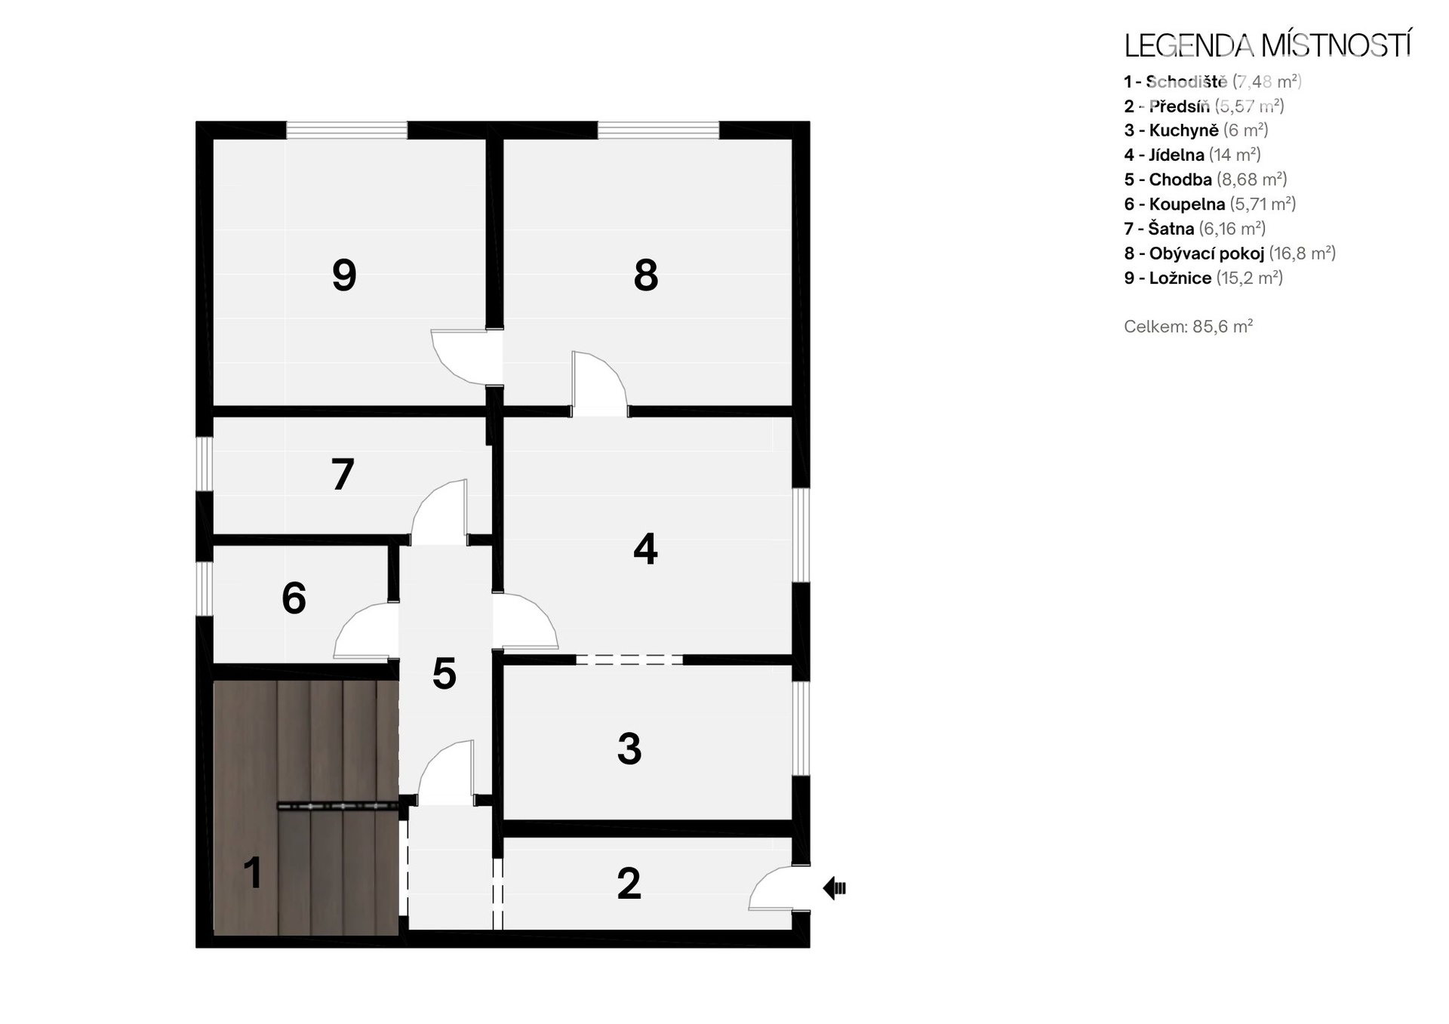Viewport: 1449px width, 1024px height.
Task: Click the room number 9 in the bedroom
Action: [x=344, y=275]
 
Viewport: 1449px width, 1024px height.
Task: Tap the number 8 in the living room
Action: [x=646, y=275]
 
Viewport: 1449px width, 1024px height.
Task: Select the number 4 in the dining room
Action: [x=645, y=549]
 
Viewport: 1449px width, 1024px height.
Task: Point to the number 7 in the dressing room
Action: [x=343, y=475]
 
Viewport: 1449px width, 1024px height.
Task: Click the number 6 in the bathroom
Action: [x=294, y=598]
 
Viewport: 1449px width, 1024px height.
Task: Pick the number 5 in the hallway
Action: [x=445, y=674]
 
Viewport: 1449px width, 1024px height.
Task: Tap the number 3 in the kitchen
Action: [x=629, y=749]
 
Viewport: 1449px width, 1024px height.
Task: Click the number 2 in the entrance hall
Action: [x=629, y=884]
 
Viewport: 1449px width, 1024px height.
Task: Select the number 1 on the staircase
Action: [x=253, y=873]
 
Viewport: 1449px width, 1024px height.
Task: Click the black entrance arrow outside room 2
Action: [x=834, y=888]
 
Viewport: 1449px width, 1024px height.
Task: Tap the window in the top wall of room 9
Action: [x=346, y=130]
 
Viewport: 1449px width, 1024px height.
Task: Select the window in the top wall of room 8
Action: [x=659, y=130]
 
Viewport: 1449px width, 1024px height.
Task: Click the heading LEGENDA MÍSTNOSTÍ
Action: [x=1267, y=46]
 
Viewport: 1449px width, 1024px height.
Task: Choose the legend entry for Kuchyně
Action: [x=1196, y=131]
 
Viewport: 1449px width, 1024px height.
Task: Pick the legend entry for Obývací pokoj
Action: [x=1230, y=254]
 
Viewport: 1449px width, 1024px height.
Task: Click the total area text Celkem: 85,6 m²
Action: [x=1189, y=327]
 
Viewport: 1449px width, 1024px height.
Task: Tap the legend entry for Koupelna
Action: [x=1210, y=204]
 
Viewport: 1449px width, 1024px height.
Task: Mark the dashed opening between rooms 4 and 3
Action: [x=629, y=660]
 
